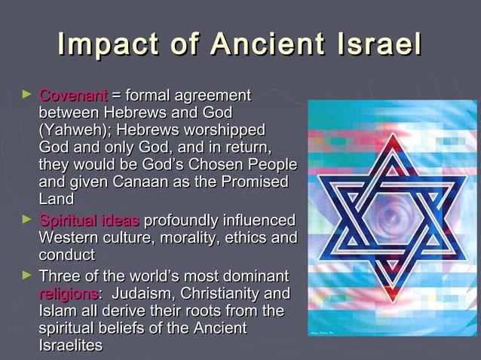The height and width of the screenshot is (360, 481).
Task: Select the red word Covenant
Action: pyautogui.click(x=72, y=96)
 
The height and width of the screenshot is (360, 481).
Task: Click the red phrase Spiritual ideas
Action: pyautogui.click(x=88, y=221)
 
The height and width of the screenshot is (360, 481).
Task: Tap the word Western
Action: pyautogui.click(x=69, y=239)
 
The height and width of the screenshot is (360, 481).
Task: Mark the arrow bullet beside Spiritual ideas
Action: pyautogui.click(x=26, y=221)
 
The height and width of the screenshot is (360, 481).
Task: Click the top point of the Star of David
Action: pyautogui.click(x=388, y=133)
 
